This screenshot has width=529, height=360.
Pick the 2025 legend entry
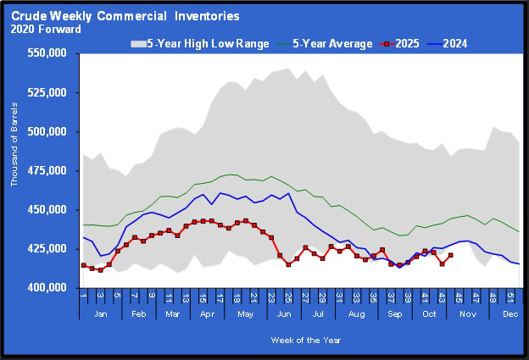[x=408, y=43]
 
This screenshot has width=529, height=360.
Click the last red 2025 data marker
[x=450, y=255]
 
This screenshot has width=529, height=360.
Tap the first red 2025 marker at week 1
[x=83, y=265]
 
